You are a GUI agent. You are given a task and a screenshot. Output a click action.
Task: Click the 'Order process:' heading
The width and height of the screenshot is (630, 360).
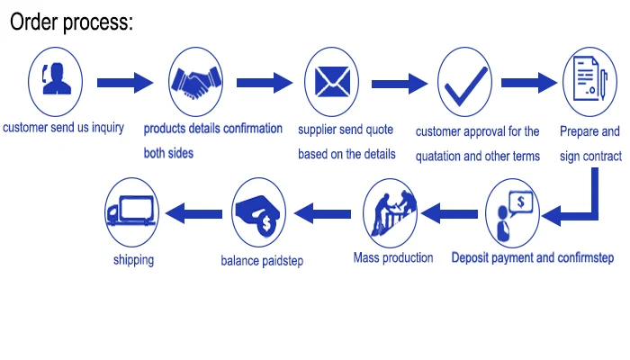[x=72, y=22]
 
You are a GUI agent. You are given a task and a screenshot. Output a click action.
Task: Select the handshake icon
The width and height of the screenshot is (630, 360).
[x=196, y=82]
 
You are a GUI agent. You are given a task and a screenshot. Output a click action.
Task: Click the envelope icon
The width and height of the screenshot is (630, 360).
[x=330, y=82]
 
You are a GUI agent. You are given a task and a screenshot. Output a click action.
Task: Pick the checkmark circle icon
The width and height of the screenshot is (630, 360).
[x=464, y=82]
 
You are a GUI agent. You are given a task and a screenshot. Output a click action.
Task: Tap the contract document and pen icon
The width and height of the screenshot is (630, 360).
[x=589, y=82]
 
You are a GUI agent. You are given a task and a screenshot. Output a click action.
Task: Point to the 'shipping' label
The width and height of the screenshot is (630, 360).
[x=133, y=261]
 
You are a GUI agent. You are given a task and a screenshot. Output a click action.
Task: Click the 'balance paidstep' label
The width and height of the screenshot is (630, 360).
[x=262, y=262]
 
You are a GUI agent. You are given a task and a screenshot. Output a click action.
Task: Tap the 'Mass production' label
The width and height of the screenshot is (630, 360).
[x=392, y=258]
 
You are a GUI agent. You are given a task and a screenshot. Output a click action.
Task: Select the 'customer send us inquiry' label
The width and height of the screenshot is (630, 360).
[x=63, y=128]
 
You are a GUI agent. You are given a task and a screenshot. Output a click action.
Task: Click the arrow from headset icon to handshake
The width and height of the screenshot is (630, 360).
[x=125, y=84]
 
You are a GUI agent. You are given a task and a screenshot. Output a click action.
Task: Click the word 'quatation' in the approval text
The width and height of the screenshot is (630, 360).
[x=442, y=156]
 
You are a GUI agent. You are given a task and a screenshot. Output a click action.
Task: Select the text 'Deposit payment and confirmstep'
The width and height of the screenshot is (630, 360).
[x=532, y=258]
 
